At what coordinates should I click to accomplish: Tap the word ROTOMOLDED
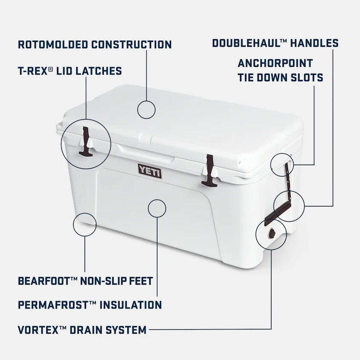[x=53, y=44]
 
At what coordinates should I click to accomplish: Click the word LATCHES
[x=99, y=71]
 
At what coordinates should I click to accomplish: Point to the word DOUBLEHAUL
[x=244, y=43]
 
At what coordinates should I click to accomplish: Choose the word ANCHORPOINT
[x=275, y=63]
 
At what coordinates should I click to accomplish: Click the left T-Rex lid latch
[x=86, y=141]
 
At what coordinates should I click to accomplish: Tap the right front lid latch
[x=209, y=171]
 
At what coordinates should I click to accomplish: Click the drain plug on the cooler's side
[x=271, y=233]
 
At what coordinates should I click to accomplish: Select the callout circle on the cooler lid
[x=146, y=109]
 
